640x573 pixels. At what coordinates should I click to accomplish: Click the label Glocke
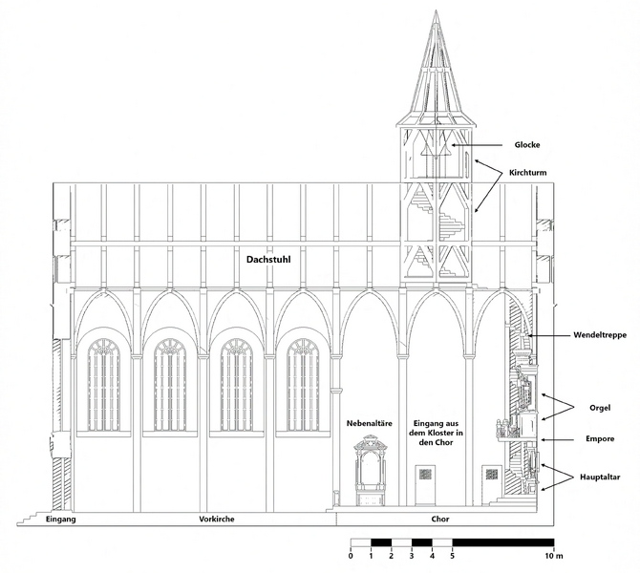point(527,145)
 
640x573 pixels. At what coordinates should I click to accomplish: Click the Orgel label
point(600,408)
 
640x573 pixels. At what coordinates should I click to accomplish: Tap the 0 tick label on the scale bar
point(352,555)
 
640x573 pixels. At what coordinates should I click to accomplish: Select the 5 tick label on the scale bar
point(452,555)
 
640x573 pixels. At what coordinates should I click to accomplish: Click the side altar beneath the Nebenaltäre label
point(370,473)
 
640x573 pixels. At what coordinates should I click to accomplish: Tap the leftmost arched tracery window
point(104,384)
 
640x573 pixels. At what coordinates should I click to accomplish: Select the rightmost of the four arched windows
point(303,384)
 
